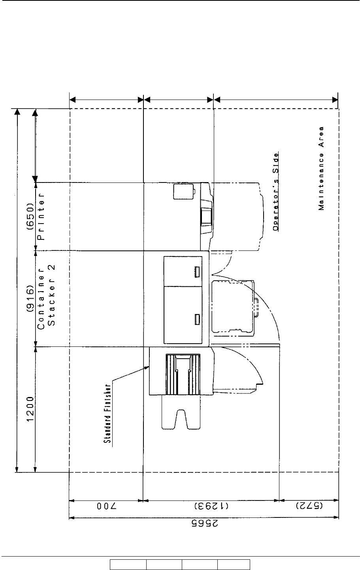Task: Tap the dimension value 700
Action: tap(106, 507)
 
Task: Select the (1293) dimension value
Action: tap(211, 507)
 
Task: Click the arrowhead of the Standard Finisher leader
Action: tap(147, 367)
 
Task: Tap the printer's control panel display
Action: tap(206, 216)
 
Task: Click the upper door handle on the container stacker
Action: tap(196, 271)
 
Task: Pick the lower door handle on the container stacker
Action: tap(196, 319)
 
